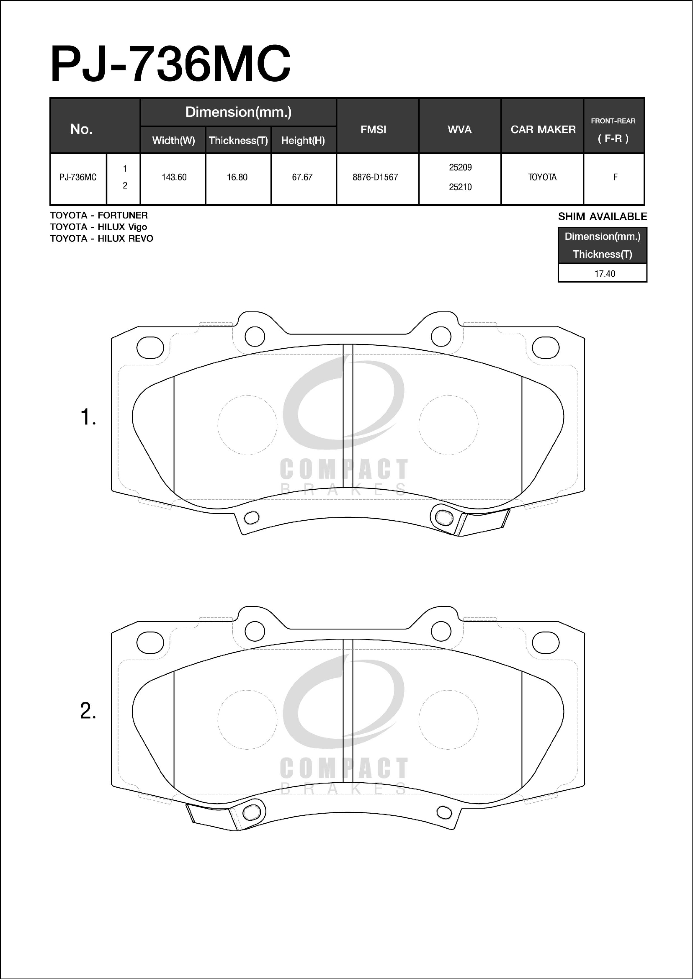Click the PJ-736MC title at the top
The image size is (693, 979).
coord(171,64)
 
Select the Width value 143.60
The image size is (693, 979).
coord(174,177)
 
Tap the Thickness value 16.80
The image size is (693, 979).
coord(237,177)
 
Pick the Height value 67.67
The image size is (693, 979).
coord(302,177)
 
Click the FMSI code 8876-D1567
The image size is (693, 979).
coord(375,177)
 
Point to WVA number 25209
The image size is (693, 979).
coord(460,167)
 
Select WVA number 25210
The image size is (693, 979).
coord(460,187)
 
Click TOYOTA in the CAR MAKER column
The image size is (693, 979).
coord(542,177)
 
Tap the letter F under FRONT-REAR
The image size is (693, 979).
coord(616,177)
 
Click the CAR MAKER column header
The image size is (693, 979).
coord(543,129)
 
